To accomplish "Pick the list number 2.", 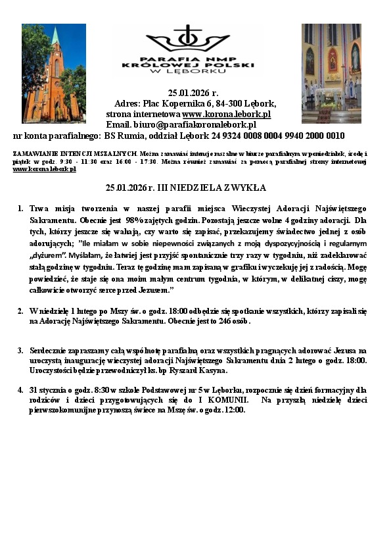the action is pos(20,311).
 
